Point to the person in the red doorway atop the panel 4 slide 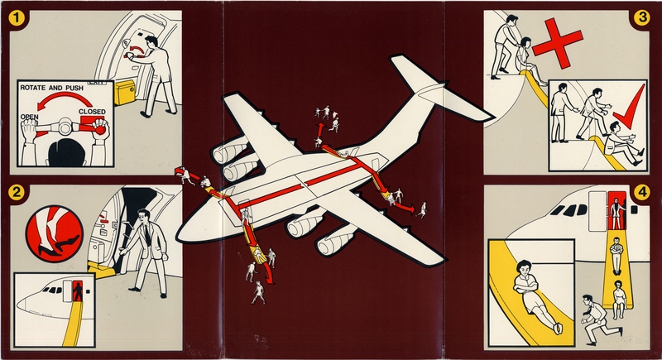[x=615, y=205]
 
